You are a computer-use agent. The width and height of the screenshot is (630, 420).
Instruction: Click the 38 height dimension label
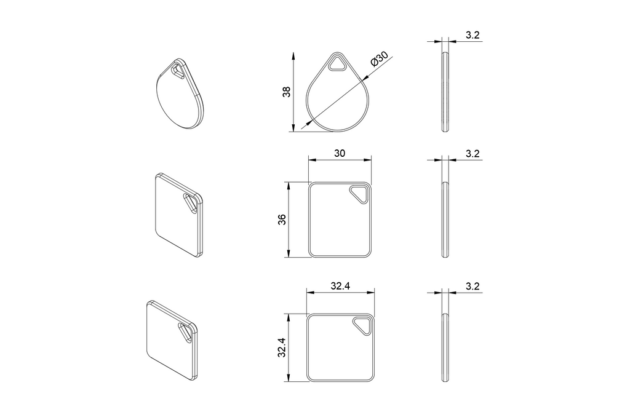coord(287,92)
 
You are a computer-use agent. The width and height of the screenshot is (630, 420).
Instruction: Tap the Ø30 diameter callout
coord(379,60)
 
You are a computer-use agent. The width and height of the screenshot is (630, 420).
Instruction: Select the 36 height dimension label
coord(282,220)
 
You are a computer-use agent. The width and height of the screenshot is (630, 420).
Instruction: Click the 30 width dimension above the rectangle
coord(340,153)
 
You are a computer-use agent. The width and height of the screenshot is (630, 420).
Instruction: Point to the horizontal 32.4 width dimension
coord(340,285)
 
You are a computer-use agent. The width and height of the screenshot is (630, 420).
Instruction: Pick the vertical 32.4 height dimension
coord(282,347)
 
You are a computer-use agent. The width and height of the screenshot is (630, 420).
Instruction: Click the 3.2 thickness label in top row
coord(472,35)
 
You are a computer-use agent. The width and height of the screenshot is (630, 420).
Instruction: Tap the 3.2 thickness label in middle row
coord(472,154)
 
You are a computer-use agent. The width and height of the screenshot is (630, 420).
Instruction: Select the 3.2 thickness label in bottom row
coord(472,287)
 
